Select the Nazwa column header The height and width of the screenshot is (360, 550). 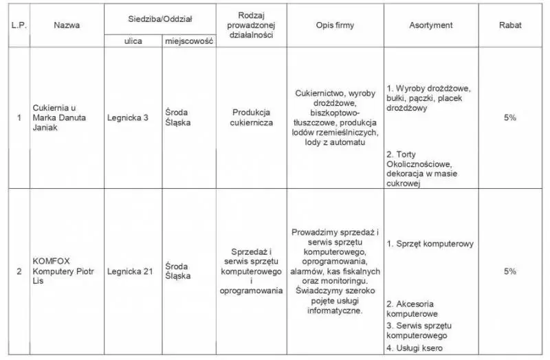pos(67,25)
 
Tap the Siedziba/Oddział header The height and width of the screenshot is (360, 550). pos(161,16)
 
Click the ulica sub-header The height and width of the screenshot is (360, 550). pos(133,41)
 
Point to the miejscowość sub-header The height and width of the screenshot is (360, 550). pos(189,41)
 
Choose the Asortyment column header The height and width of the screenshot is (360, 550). pos(431,25)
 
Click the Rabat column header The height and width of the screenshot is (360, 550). pos(509,25)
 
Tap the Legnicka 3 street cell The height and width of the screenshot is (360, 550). pos(128,117)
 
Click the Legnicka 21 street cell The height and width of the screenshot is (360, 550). pos(130,271)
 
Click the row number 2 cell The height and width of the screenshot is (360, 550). pos(19,271)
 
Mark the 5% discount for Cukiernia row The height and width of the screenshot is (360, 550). pos(509,117)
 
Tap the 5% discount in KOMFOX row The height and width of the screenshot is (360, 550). pos(509,271)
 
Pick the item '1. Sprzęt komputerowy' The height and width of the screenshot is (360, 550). pos(430,244)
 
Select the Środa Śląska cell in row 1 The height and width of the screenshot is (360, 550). pos(178,117)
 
